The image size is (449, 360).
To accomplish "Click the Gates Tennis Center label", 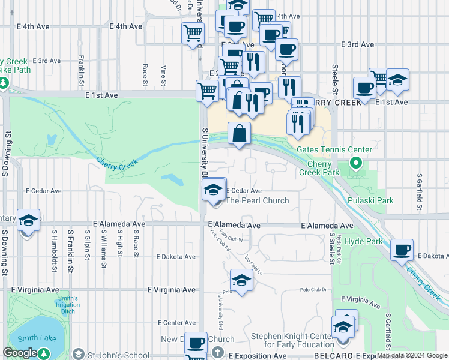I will (x=334, y=149).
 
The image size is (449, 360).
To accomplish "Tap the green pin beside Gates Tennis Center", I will (x=355, y=163).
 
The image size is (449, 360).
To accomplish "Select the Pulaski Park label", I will (x=370, y=200).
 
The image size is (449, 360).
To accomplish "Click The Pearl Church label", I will (x=257, y=200).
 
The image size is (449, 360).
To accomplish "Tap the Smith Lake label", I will (x=37, y=338).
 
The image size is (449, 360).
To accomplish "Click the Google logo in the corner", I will (x=20, y=353).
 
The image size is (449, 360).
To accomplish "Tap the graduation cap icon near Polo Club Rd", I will (x=241, y=280).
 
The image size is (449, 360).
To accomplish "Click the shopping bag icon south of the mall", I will (x=239, y=133).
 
